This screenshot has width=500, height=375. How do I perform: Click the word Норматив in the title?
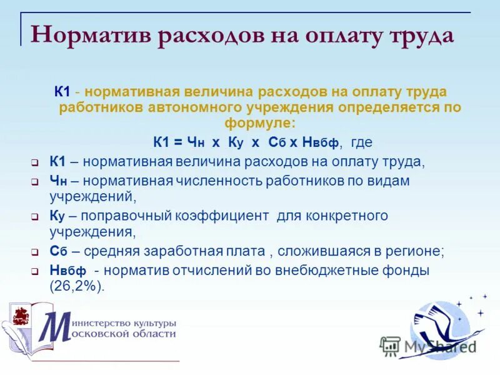(91, 34)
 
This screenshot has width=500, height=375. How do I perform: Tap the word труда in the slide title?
(419, 34)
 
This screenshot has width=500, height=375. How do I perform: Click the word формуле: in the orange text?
(261, 122)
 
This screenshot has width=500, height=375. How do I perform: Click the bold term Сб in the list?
(57, 252)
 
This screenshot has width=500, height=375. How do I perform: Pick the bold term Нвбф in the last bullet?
(67, 272)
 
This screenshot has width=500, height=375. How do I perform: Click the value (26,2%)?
(77, 287)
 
